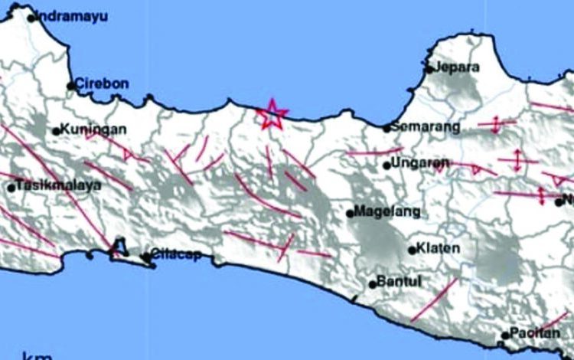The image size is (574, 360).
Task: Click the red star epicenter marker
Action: (x=272, y=116)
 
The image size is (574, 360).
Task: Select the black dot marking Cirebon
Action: (x=70, y=86)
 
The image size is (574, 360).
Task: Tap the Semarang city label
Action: (x=426, y=126)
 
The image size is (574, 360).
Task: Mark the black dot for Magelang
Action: (x=350, y=214)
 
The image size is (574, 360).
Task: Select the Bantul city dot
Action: (x=372, y=284)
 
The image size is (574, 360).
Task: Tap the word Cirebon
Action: (x=102, y=84)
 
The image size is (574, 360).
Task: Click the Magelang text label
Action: (x=385, y=212)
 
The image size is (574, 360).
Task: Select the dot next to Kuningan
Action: (x=56, y=131)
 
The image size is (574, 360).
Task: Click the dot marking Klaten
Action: (x=412, y=250)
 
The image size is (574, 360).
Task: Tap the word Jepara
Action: (x=458, y=67)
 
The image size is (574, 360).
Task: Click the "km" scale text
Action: (x=38, y=355)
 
